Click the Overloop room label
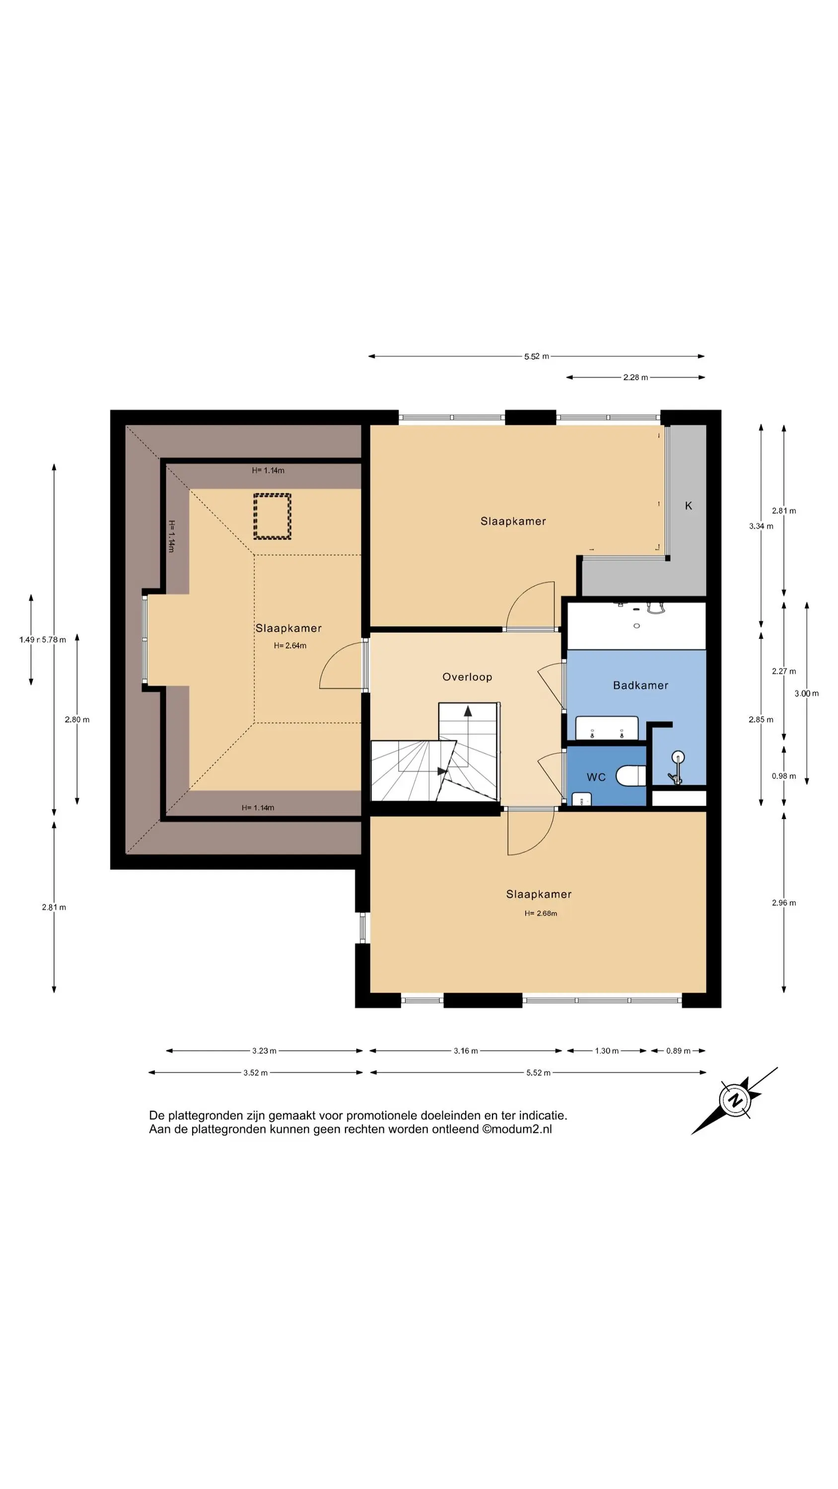click(467, 677)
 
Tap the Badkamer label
click(640, 685)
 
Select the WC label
click(596, 777)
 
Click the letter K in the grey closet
click(688, 506)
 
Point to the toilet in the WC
click(630, 776)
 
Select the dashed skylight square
click(272, 516)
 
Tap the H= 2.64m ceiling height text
click(290, 646)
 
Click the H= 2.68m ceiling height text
click(541, 913)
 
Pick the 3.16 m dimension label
click(466, 1051)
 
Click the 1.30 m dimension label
click(607, 1051)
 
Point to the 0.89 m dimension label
click(678, 1051)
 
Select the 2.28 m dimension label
click(635, 377)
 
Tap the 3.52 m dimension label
click(255, 1073)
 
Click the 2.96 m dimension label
click(783, 903)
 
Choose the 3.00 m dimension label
click(806, 694)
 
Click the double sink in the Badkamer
click(607, 728)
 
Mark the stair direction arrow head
click(468, 711)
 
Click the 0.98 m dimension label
click(783, 776)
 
